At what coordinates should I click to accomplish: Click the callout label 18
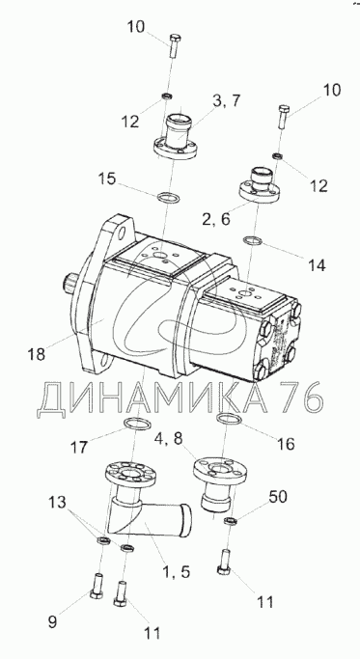[37, 354]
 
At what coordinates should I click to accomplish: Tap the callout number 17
[79, 447]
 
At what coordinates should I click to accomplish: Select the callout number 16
[287, 444]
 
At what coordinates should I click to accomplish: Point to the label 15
[106, 178]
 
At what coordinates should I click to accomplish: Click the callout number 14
[316, 265]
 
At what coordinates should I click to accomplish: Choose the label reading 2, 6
[216, 219]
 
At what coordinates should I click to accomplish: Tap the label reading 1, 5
[175, 571]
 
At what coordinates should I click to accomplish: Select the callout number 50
[278, 496]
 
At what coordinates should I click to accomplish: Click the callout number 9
[52, 622]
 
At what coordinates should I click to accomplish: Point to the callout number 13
[57, 503]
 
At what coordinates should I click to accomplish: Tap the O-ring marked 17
[137, 424]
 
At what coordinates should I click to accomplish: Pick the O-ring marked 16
[229, 419]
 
